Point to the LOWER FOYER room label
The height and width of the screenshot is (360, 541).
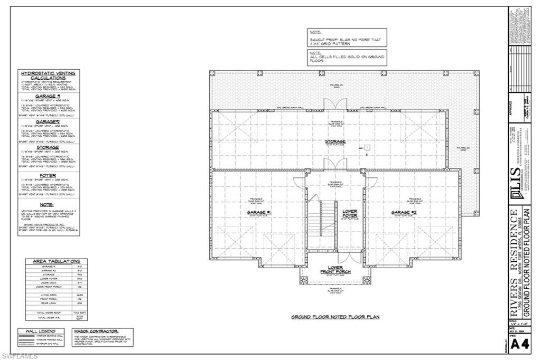click(350, 214)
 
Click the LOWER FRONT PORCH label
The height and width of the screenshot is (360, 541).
click(335, 270)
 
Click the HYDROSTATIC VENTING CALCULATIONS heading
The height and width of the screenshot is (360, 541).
click(48, 75)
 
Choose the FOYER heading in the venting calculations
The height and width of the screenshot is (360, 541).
click(48, 175)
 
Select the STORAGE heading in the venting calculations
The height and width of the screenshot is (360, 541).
click(48, 148)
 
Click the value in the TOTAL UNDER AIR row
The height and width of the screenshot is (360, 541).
click(79, 318)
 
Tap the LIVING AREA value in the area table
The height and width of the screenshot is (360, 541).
click(79, 295)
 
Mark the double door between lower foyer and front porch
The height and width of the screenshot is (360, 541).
click(350, 259)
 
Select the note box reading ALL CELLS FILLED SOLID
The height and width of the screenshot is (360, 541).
click(347, 56)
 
